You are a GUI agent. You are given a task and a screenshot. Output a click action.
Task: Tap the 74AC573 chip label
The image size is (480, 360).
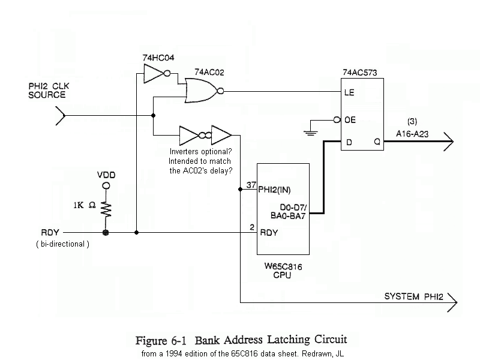point(360,73)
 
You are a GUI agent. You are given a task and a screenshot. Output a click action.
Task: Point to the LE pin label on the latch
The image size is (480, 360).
point(349,93)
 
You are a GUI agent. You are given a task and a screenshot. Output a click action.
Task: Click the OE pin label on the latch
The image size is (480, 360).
point(350,120)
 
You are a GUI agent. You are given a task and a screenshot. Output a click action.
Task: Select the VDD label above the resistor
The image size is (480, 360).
point(106,175)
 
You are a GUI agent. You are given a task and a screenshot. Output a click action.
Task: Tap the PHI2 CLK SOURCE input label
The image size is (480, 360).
point(47,91)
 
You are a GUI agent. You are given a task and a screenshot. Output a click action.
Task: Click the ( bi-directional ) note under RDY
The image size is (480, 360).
point(62,244)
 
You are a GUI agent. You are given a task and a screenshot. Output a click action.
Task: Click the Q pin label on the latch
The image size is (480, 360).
point(377,142)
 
